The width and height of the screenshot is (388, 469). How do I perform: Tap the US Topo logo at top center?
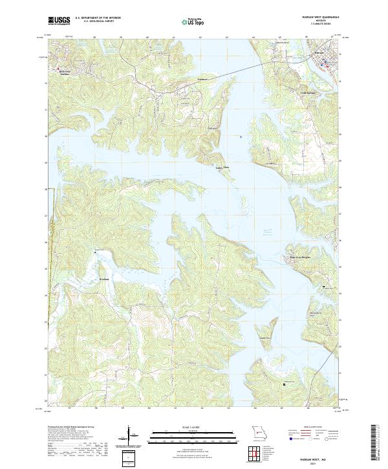[191, 21]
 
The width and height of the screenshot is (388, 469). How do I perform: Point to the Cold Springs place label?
[310, 93]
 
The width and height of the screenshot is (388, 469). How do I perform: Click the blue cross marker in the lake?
[241, 136]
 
